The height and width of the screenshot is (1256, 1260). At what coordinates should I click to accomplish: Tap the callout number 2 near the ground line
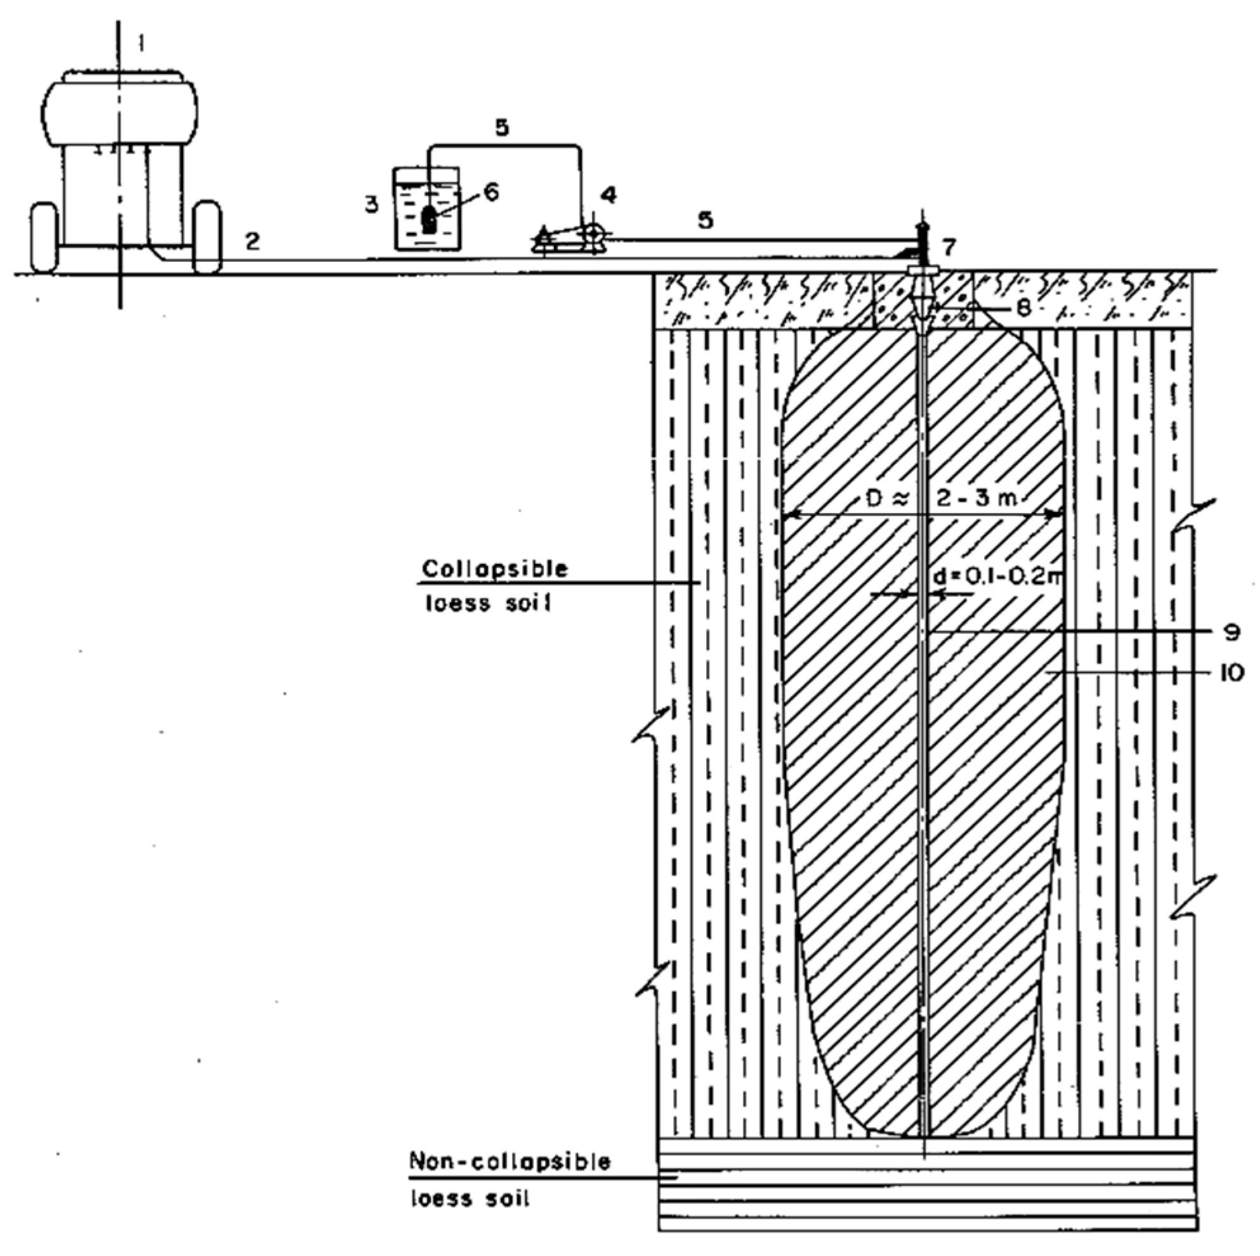253,242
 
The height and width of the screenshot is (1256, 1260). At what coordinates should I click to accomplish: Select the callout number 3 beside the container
371,206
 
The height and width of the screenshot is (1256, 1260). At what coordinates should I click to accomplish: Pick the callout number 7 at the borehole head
950,247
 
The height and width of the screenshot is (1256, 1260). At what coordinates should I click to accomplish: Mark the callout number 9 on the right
1232,632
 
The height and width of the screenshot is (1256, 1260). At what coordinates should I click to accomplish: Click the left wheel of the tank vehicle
44,237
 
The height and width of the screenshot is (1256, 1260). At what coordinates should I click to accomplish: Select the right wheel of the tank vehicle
207,237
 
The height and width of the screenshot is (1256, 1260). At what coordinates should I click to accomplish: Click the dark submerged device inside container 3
429,219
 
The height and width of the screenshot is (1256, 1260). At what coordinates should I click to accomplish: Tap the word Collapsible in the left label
494,568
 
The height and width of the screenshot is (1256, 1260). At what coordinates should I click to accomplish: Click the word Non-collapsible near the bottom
510,1161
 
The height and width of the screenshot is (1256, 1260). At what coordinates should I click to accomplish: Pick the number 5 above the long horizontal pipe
705,219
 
